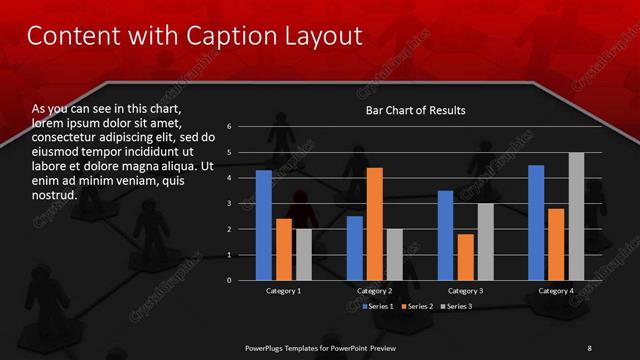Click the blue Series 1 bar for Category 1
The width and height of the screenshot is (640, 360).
coord(263,225)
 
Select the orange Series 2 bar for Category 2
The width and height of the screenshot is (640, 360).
coord(375,224)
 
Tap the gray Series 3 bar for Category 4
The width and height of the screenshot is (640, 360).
coord(576,216)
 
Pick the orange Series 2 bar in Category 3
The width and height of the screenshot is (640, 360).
coord(465,257)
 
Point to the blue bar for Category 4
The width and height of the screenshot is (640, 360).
coord(536,222)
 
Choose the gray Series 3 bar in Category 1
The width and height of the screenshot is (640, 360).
coord(304,254)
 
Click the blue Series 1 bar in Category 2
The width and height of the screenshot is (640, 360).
coord(355,248)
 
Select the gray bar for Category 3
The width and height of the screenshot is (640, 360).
coord(485,241)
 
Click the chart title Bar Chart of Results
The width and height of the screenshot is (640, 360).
coord(415,110)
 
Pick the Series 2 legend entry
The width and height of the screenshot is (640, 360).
coord(418,305)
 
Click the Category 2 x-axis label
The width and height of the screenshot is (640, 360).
coord(374,290)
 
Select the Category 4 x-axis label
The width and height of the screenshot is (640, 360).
coord(556,290)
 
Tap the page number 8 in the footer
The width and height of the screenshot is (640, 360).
coord(589,347)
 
